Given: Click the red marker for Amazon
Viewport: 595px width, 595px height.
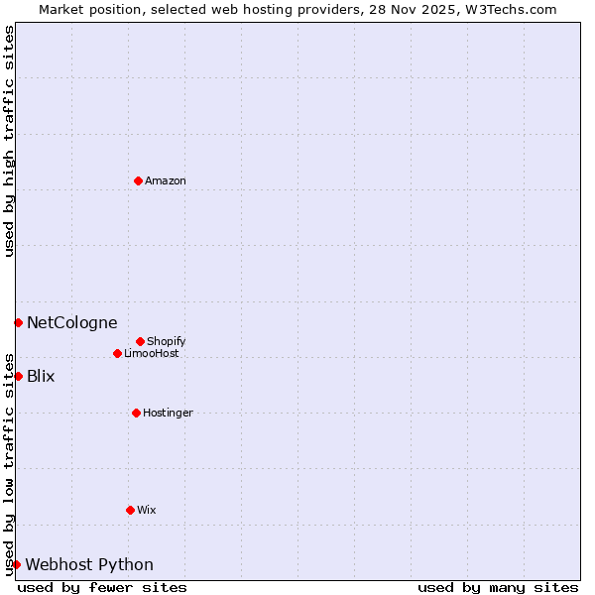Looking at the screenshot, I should [x=139, y=180].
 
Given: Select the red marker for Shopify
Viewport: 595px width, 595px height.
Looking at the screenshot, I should [x=140, y=341].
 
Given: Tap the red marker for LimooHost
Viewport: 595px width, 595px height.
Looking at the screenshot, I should [x=117, y=353].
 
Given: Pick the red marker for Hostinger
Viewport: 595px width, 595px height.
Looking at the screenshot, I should [x=136, y=413].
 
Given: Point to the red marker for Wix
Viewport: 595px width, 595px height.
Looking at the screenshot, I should [x=130, y=510].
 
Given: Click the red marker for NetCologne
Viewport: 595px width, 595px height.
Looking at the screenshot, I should [x=18, y=322].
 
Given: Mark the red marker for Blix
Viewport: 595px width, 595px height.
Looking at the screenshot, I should [x=18, y=376].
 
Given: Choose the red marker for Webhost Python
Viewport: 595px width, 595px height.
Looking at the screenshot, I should [x=16, y=564].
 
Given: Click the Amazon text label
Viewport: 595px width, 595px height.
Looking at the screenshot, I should [x=166, y=180].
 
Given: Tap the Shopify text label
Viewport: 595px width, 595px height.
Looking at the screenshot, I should [x=167, y=341].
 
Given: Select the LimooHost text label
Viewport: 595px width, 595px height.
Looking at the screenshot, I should [x=152, y=353].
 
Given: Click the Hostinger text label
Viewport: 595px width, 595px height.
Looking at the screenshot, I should [x=168, y=413].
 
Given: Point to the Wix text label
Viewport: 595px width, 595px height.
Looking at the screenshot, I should [x=147, y=510].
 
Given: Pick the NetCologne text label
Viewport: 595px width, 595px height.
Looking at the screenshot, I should [x=71, y=322].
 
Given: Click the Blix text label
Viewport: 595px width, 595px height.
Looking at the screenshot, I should [x=41, y=376].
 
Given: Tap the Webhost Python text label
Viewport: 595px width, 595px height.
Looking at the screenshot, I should [x=89, y=564].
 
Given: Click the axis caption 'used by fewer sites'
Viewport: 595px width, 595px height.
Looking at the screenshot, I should [x=102, y=587].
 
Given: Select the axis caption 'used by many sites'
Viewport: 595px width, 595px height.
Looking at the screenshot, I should [x=498, y=587].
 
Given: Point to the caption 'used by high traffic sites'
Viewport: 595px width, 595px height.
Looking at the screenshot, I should [x=9, y=141].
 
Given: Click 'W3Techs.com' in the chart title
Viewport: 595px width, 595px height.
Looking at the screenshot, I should [x=513, y=9].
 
